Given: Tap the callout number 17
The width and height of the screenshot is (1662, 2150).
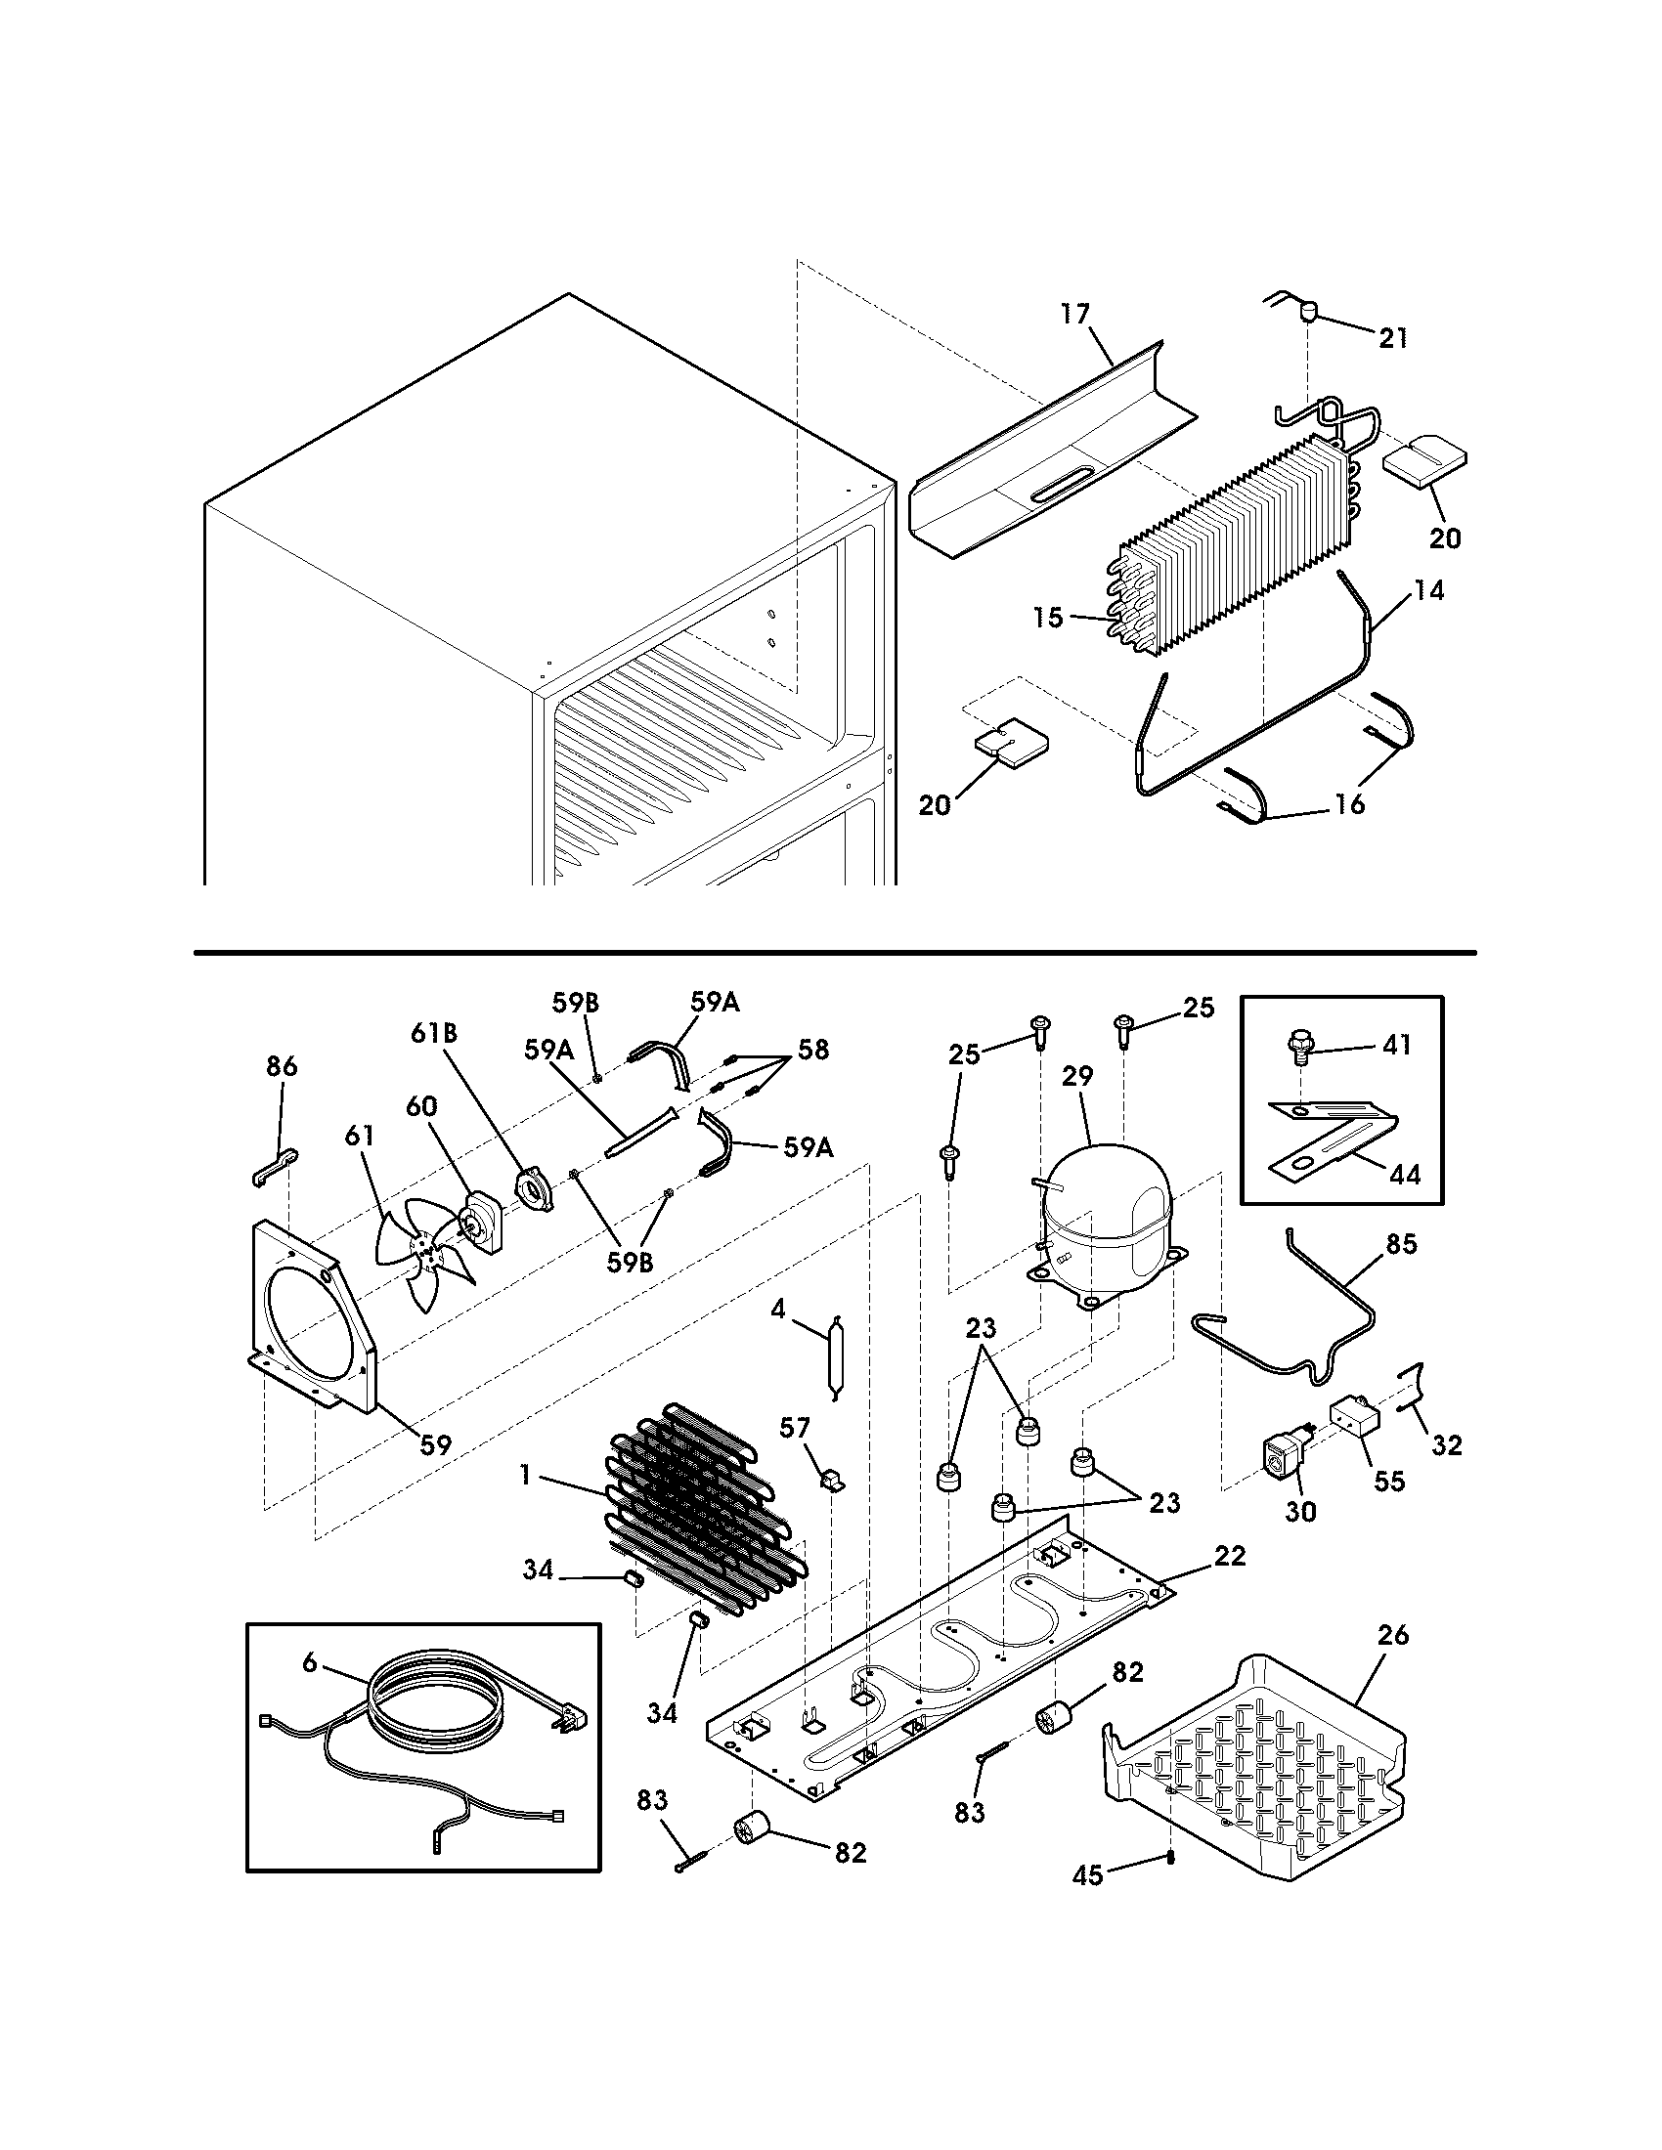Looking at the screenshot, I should pyautogui.click(x=1075, y=314).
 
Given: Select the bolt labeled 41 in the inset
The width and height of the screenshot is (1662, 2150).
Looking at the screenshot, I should pyautogui.click(x=1300, y=1048).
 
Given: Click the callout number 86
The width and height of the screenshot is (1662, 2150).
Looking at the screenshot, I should pyautogui.click(x=282, y=1066).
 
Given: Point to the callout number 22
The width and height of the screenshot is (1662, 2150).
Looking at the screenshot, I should pyautogui.click(x=1230, y=1556).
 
